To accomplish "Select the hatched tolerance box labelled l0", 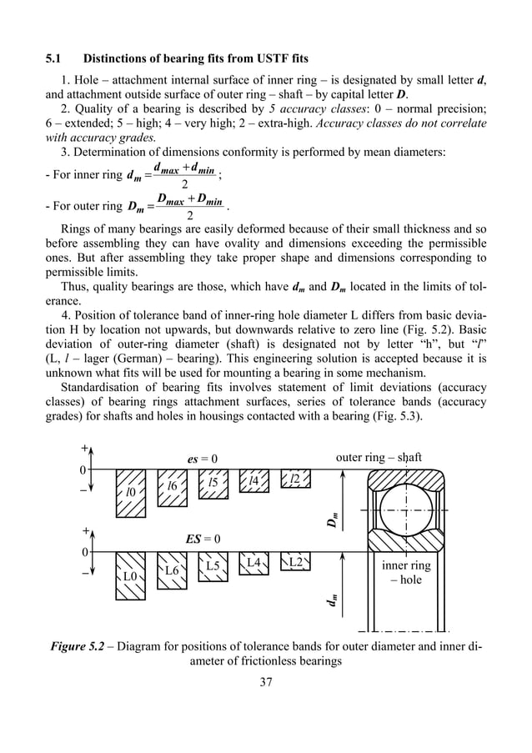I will click(130, 493).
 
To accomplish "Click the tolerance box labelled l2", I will click(295, 479).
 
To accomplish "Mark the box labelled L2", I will click(295, 562).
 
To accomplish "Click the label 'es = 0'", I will click(201, 459).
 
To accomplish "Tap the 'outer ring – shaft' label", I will click(379, 457).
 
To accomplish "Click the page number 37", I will click(266, 683).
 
